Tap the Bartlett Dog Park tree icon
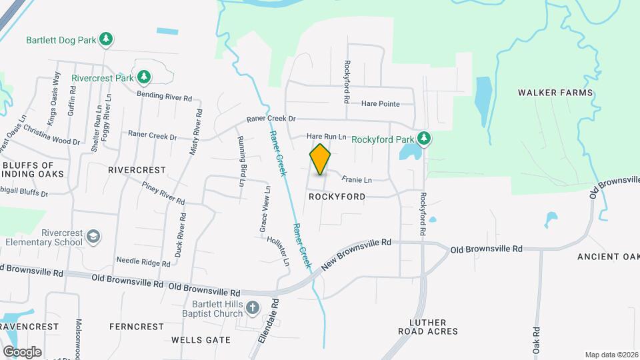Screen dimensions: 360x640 point(106,39)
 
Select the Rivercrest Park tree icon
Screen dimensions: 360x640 point(143,77)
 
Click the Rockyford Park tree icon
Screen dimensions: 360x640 point(424,139)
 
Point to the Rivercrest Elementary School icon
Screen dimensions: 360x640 point(94,237)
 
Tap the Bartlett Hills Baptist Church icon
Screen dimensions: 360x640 point(252,307)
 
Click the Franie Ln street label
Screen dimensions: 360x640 point(357,179)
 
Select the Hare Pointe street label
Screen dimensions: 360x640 point(380,104)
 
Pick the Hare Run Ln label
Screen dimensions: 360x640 point(327,137)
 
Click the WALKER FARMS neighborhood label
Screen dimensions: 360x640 point(555,93)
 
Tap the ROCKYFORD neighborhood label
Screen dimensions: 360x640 point(337,197)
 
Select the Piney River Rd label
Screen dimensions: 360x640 point(163,192)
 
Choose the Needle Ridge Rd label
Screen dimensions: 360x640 point(143,261)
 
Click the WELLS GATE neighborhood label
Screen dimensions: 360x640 point(201,340)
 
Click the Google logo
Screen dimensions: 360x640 point(22,351)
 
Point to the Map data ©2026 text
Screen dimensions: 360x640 point(611,355)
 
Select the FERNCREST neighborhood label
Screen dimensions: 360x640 point(137,327)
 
